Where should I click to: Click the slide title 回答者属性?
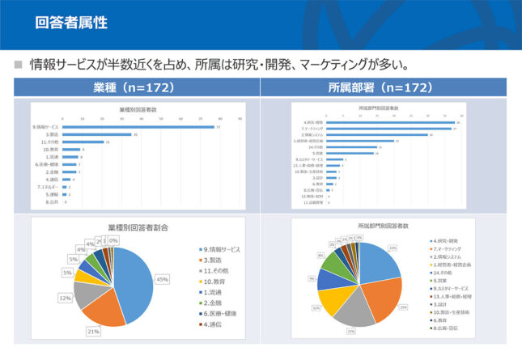(71, 22)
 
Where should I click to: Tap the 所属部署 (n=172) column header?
(391, 87)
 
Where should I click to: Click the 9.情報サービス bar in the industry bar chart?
(138, 127)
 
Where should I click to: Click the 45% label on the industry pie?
(162, 279)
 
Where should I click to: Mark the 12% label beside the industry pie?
(65, 299)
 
